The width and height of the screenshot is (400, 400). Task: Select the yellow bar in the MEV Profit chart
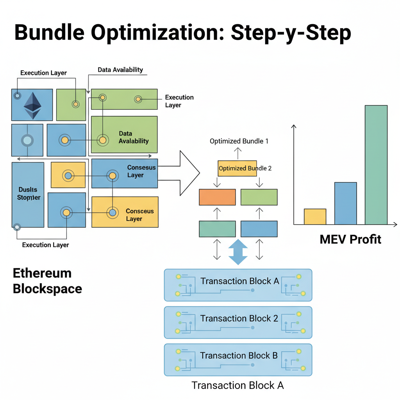[315, 217]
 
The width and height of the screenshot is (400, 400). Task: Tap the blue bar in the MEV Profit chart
[345, 204]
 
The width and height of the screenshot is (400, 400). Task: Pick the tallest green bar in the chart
[376, 165]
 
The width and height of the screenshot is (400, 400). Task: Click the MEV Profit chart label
[350, 239]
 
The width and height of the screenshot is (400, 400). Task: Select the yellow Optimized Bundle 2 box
[237, 168]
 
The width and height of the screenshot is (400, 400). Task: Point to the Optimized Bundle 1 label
[239, 141]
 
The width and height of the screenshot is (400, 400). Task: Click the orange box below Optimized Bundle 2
[217, 197]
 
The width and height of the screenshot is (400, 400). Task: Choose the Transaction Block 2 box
[238, 322]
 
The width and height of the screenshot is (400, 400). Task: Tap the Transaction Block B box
[238, 359]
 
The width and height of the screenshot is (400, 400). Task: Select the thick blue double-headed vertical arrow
[238, 252]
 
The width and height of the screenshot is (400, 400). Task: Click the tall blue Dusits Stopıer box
[28, 194]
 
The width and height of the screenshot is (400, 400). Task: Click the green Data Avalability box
[124, 134]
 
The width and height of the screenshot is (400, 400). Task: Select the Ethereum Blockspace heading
[47, 281]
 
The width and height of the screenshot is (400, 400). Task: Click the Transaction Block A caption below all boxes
[237, 385]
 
